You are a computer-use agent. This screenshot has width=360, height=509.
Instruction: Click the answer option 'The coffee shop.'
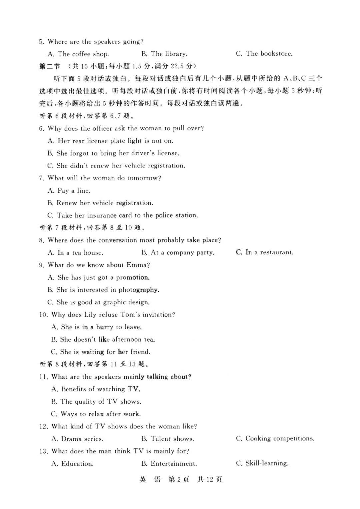click(x=83, y=54)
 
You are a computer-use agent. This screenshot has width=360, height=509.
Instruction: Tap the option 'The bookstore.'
click(x=269, y=54)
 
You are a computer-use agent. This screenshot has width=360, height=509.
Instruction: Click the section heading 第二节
click(x=50, y=66)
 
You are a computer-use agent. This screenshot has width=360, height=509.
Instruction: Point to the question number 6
click(x=41, y=129)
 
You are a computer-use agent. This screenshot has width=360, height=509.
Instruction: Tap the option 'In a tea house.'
click(x=80, y=253)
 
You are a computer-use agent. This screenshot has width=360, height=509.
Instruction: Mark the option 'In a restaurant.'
click(x=269, y=252)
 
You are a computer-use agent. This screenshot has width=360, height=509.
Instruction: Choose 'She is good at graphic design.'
click(x=103, y=302)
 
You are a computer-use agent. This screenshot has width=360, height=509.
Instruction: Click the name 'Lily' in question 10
click(x=90, y=315)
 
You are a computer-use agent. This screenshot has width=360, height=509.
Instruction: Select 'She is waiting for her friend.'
click(x=105, y=352)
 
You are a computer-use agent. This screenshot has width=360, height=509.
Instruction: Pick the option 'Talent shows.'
click(x=172, y=439)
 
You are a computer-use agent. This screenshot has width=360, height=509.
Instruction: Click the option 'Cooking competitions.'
click(x=280, y=439)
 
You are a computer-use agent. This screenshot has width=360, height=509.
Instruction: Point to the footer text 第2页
click(x=179, y=480)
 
